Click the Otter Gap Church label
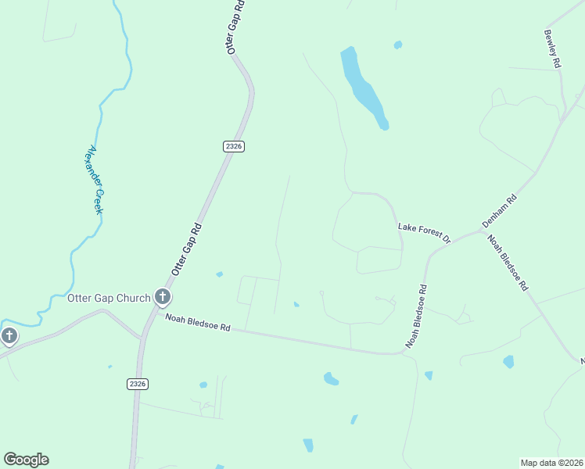tap(109, 298)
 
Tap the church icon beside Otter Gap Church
tap(163, 297)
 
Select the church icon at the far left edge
tap(9, 337)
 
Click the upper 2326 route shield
tap(234, 146)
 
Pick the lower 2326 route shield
tap(137, 384)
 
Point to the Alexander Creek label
tap(95, 181)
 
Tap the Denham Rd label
tap(500, 211)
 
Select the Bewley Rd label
tap(552, 48)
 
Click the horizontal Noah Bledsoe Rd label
tap(198, 320)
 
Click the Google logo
tap(26, 460)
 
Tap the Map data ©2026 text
tap(551, 463)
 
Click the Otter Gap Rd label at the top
tap(235, 26)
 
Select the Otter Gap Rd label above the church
tap(187, 249)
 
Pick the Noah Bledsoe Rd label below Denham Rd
tap(508, 263)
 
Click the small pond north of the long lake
tap(398, 45)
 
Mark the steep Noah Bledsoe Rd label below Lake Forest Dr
tap(417, 317)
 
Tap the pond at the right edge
tap(509, 362)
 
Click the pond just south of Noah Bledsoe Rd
tap(331, 379)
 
